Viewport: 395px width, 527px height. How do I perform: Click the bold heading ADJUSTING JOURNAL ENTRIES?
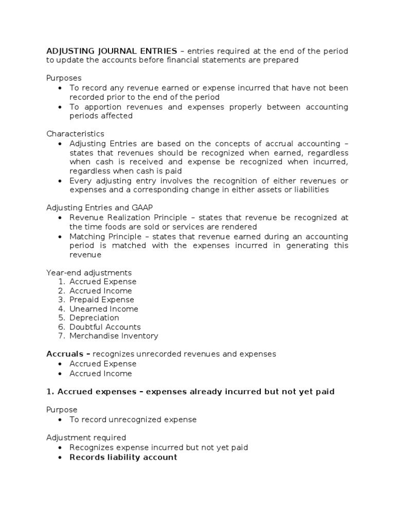(112, 51)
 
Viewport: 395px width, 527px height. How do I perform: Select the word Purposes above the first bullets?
(64, 78)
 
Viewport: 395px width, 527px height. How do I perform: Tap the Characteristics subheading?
(75, 134)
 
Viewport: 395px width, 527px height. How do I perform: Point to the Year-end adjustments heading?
(89, 273)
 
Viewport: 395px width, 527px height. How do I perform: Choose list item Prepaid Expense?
(102, 300)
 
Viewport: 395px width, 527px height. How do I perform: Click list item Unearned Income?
(104, 309)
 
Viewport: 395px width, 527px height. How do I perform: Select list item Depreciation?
(94, 318)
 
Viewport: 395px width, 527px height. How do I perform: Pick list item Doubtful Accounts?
(105, 327)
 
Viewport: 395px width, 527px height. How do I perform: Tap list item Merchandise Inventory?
(114, 336)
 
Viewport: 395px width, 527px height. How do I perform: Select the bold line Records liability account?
(123, 457)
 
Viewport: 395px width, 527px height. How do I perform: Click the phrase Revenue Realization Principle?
(119, 218)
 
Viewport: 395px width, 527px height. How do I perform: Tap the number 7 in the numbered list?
(61, 336)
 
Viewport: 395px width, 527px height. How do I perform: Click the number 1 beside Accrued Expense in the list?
(61, 282)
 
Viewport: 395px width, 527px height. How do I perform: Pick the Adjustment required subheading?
(86, 438)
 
